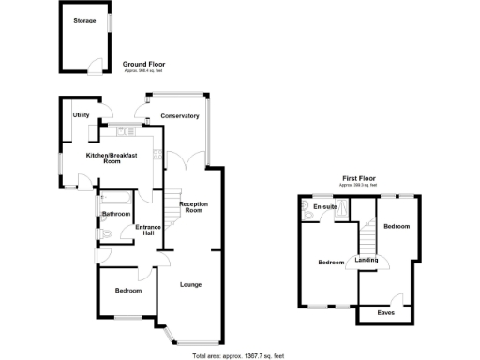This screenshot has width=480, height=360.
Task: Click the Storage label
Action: pos(85,20)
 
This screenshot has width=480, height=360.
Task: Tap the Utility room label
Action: pos(82,114)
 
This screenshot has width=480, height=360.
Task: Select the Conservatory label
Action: pos(179,116)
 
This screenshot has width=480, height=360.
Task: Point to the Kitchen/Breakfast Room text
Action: pos(112,157)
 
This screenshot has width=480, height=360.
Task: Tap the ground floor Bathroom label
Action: pos(115,214)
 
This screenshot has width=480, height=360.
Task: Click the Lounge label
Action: pos(190,284)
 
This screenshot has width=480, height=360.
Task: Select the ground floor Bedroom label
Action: pos(128,291)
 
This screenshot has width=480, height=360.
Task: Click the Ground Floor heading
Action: pos(142,64)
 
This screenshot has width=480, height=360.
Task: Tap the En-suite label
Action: pos(325,206)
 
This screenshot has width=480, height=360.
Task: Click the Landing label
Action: pos(367,262)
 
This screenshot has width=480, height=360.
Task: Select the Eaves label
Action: pos(385,312)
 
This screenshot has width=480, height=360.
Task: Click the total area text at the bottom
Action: pos(237,354)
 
